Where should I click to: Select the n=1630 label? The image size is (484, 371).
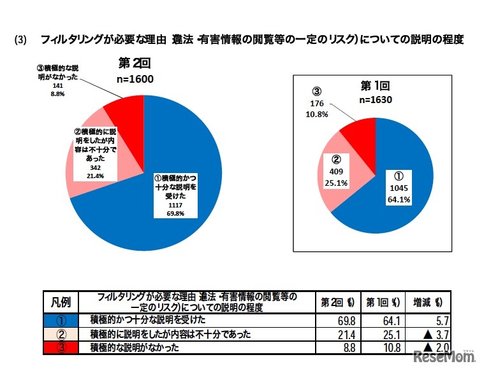point(374,100)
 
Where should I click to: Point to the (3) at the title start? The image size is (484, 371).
point(21,40)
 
